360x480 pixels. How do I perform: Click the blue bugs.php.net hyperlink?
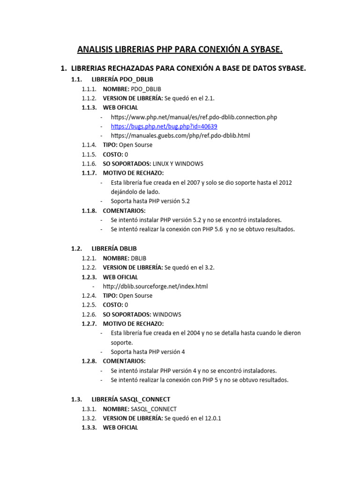(x=164, y=127)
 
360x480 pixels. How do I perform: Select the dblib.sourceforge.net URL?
(x=159, y=286)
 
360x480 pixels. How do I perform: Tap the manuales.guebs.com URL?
(x=180, y=135)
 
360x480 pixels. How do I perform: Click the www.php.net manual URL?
(x=194, y=117)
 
